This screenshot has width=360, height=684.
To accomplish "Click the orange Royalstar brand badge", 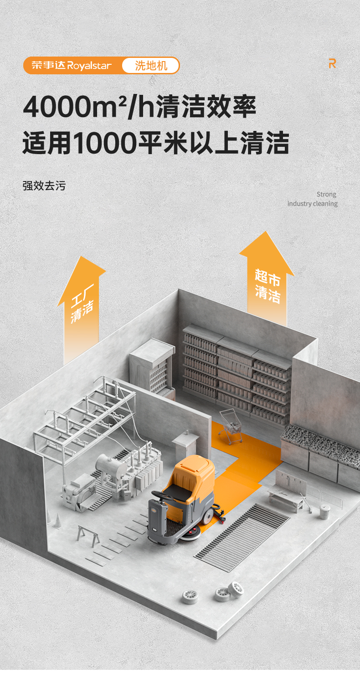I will tap(72, 65).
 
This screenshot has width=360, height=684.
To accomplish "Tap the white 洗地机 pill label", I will tap(151, 66).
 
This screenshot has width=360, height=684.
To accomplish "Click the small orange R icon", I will tap(332, 64).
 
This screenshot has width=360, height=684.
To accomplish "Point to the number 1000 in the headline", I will tap(104, 143).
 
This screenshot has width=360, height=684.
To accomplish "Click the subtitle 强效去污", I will tap(44, 186).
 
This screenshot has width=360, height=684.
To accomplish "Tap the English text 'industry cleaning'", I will tap(312, 203).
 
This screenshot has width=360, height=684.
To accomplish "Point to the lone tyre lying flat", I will tap(190, 596).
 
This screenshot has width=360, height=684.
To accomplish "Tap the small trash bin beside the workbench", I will tap(324, 512).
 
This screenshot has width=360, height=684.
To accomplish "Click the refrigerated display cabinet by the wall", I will tap(152, 369).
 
